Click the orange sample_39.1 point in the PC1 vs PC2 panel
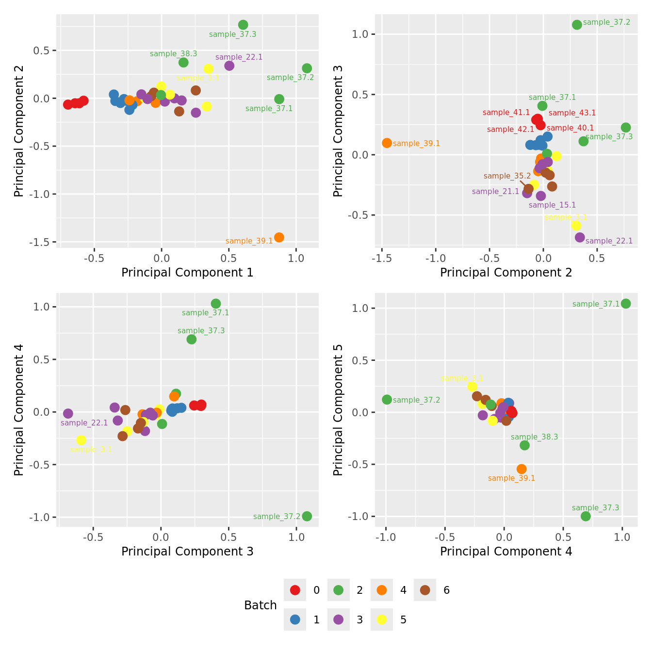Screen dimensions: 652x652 pos(279,237)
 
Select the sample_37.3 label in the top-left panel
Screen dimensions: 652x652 pos(232,34)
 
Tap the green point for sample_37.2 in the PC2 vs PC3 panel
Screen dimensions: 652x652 pos(577,25)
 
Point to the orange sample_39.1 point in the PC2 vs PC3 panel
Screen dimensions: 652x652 pos(387,143)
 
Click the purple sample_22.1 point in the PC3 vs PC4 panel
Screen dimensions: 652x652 pos(68,413)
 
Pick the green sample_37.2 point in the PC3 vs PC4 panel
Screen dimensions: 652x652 pos(307,516)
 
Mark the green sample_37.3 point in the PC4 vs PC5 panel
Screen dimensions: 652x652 pos(586,516)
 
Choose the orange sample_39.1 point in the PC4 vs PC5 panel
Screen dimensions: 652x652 pos(522,469)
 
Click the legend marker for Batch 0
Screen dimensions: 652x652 pos(295,590)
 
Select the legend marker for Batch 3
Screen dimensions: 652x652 pos(338,619)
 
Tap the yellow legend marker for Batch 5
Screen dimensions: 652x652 pos(382,619)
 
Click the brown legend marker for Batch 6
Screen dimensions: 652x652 pos(425,590)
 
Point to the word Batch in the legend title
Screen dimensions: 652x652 pos(261,605)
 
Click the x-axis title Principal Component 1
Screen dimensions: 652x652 pos(187,273)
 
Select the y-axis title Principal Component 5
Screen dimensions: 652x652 pos(338,409)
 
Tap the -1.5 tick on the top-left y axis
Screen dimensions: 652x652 pos(43,242)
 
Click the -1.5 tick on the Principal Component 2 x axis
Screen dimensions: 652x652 pos(382,259)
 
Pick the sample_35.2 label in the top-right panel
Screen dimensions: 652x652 pos(507,176)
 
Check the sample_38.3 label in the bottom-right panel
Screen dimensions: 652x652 pos(534,437)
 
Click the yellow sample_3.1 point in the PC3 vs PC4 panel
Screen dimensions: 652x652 pos(81,440)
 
